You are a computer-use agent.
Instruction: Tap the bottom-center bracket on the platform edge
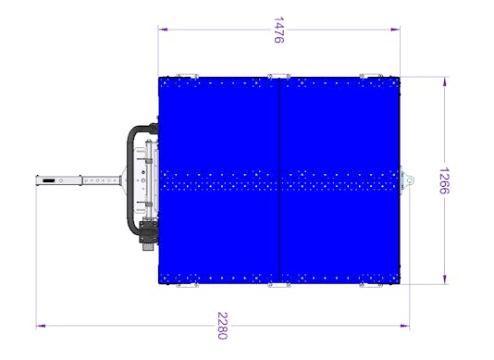click(x=278, y=286)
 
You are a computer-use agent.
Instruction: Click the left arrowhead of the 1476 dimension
click(x=161, y=29)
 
